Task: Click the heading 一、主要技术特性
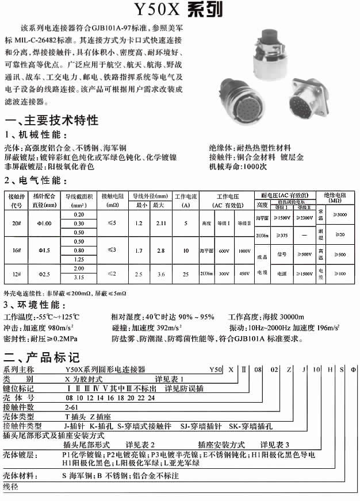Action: [51, 121]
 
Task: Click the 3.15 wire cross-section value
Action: [79, 278]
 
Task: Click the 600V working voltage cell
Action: [225, 250]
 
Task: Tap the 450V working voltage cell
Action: [244, 274]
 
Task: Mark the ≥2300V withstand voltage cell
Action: [303, 218]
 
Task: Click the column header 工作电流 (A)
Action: [186, 200]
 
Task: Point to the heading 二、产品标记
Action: [42, 357]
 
